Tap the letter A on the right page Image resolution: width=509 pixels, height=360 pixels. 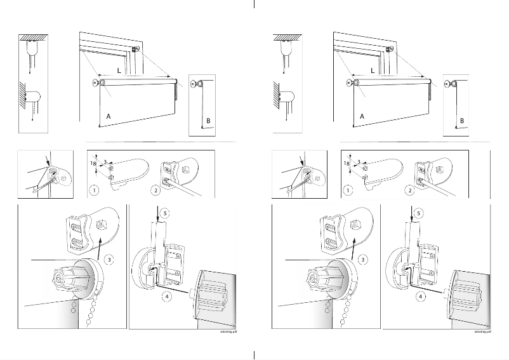[362, 117]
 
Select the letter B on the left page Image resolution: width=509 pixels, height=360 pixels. [207, 120]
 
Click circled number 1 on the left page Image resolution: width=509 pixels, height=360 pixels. [94, 190]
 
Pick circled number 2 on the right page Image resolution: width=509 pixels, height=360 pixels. [411, 190]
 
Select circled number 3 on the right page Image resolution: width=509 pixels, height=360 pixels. [362, 259]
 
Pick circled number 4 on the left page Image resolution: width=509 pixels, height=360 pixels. [166, 295]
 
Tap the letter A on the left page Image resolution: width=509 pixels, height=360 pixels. [108, 117]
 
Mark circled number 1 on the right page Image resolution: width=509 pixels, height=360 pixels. [348, 190]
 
